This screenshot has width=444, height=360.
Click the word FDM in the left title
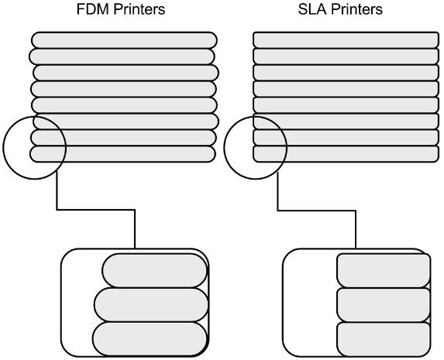[92, 9]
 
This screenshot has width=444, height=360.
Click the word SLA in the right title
[312, 9]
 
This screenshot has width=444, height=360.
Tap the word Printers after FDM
[139, 9]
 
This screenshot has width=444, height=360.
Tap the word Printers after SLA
[357, 9]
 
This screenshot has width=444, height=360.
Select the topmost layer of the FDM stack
[124, 40]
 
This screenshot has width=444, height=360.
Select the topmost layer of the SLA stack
[346, 40]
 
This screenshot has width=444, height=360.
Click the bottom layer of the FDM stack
[123, 154]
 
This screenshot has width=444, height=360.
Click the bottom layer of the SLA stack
[346, 154]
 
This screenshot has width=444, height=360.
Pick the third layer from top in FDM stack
[126, 73]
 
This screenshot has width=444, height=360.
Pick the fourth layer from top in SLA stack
[346, 89]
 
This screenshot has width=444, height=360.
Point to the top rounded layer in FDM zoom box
[155, 271]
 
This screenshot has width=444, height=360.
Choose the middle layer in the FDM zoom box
[151, 305]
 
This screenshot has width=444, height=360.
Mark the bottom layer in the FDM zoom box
[150, 339]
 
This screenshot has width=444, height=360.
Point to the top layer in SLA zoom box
[384, 271]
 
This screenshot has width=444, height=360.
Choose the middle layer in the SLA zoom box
[384, 305]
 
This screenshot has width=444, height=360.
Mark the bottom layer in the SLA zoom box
[384, 339]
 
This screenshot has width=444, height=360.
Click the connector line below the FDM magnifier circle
[96, 210]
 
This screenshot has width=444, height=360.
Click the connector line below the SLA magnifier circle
[317, 211]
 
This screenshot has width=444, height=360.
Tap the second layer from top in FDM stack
[122, 57]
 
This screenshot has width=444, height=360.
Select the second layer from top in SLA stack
[346, 57]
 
